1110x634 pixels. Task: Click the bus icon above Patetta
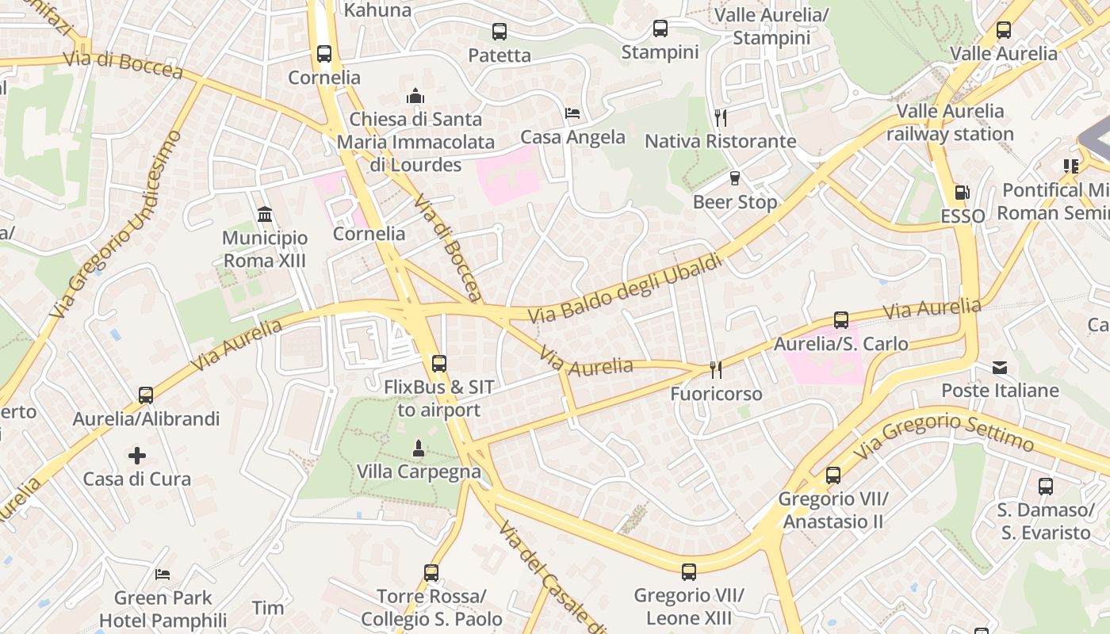[499, 32]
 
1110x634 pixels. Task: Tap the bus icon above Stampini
[660, 29]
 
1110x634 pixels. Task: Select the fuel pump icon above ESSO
[962, 193]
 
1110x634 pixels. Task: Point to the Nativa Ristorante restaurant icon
[720, 118]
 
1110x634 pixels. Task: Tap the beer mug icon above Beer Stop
[734, 178]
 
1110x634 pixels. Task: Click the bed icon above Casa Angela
[572, 113]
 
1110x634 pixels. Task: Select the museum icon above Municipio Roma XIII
[265, 214]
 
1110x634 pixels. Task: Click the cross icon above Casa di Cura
[137, 456]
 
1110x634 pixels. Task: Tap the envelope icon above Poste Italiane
[999, 368]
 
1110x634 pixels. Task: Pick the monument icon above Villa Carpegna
[419, 449]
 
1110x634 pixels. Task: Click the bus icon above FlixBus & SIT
[438, 364]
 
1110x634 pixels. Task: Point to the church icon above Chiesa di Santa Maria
[415, 96]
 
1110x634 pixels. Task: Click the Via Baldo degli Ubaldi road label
[626, 288]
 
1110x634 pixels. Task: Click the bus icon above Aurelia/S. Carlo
[840, 320]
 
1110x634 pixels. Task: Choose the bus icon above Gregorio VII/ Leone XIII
[688, 571]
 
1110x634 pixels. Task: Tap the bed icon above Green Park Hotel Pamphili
[163, 574]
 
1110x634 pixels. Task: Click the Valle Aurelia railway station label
[950, 122]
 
